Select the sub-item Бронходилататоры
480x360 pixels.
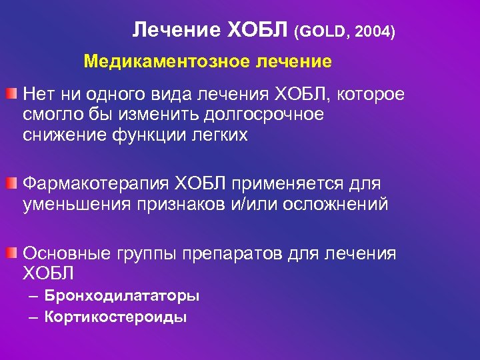122,295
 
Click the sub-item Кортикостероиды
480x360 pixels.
115,317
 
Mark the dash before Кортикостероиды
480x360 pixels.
33,317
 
